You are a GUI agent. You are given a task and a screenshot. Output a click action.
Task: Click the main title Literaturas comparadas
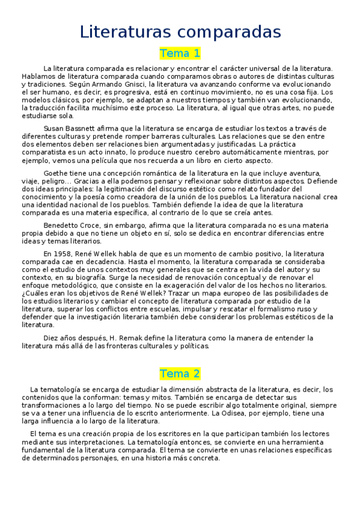pos(180,32)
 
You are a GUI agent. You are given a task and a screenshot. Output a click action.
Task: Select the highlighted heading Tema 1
pos(180,54)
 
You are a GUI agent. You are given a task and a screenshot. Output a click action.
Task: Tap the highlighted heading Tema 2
pos(180,373)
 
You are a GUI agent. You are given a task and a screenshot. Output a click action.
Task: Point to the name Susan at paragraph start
pos(55,129)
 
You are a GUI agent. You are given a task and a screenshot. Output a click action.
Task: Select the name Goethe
pos(56,173)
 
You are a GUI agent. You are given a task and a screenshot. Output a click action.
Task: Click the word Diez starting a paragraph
pos(52,338)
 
